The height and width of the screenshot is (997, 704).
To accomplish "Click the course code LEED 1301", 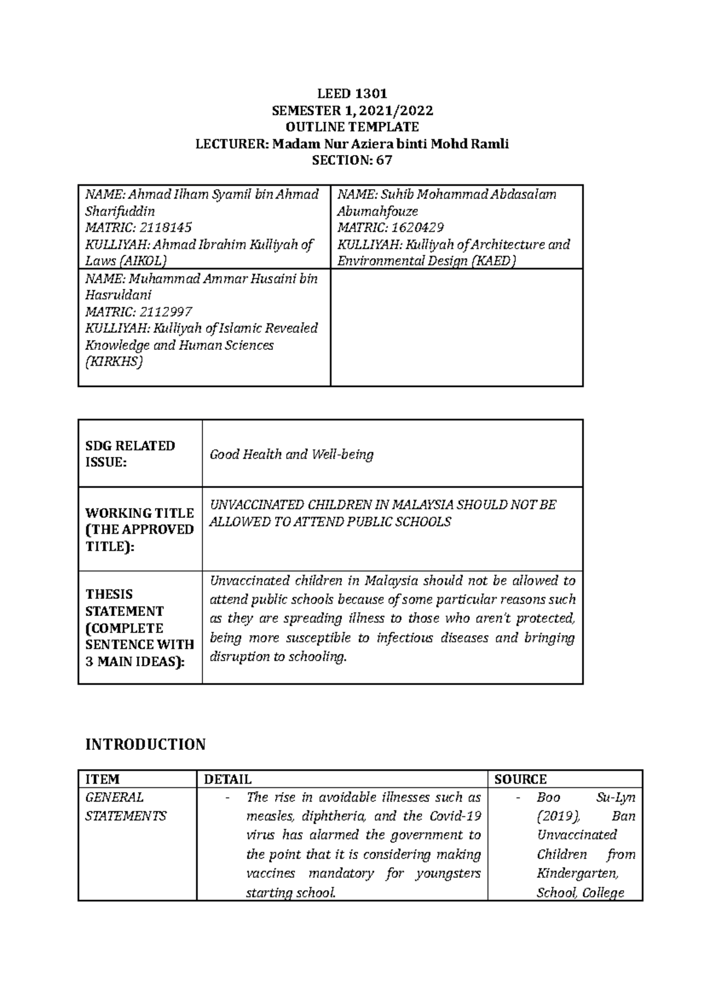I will pyautogui.click(x=352, y=93).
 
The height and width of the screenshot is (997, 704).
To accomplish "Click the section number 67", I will pyautogui.click(x=384, y=160).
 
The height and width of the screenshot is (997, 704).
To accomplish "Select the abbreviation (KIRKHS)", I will pyautogui.click(x=114, y=362).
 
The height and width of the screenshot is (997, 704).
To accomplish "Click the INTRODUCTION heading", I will pyautogui.click(x=145, y=745).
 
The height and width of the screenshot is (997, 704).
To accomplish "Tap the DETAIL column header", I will pyautogui.click(x=228, y=779).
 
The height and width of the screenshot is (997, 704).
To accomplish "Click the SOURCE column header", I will pyautogui.click(x=520, y=779).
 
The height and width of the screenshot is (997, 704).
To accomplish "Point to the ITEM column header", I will pyautogui.click(x=102, y=779).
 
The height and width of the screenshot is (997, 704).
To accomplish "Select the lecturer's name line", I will pyautogui.click(x=352, y=144).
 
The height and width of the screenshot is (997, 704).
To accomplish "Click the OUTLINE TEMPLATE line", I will pyautogui.click(x=352, y=127).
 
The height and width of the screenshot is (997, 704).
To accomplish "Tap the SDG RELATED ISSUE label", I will pyautogui.click(x=130, y=454).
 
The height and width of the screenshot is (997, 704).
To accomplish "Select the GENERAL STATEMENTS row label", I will pyautogui.click(x=126, y=807).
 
